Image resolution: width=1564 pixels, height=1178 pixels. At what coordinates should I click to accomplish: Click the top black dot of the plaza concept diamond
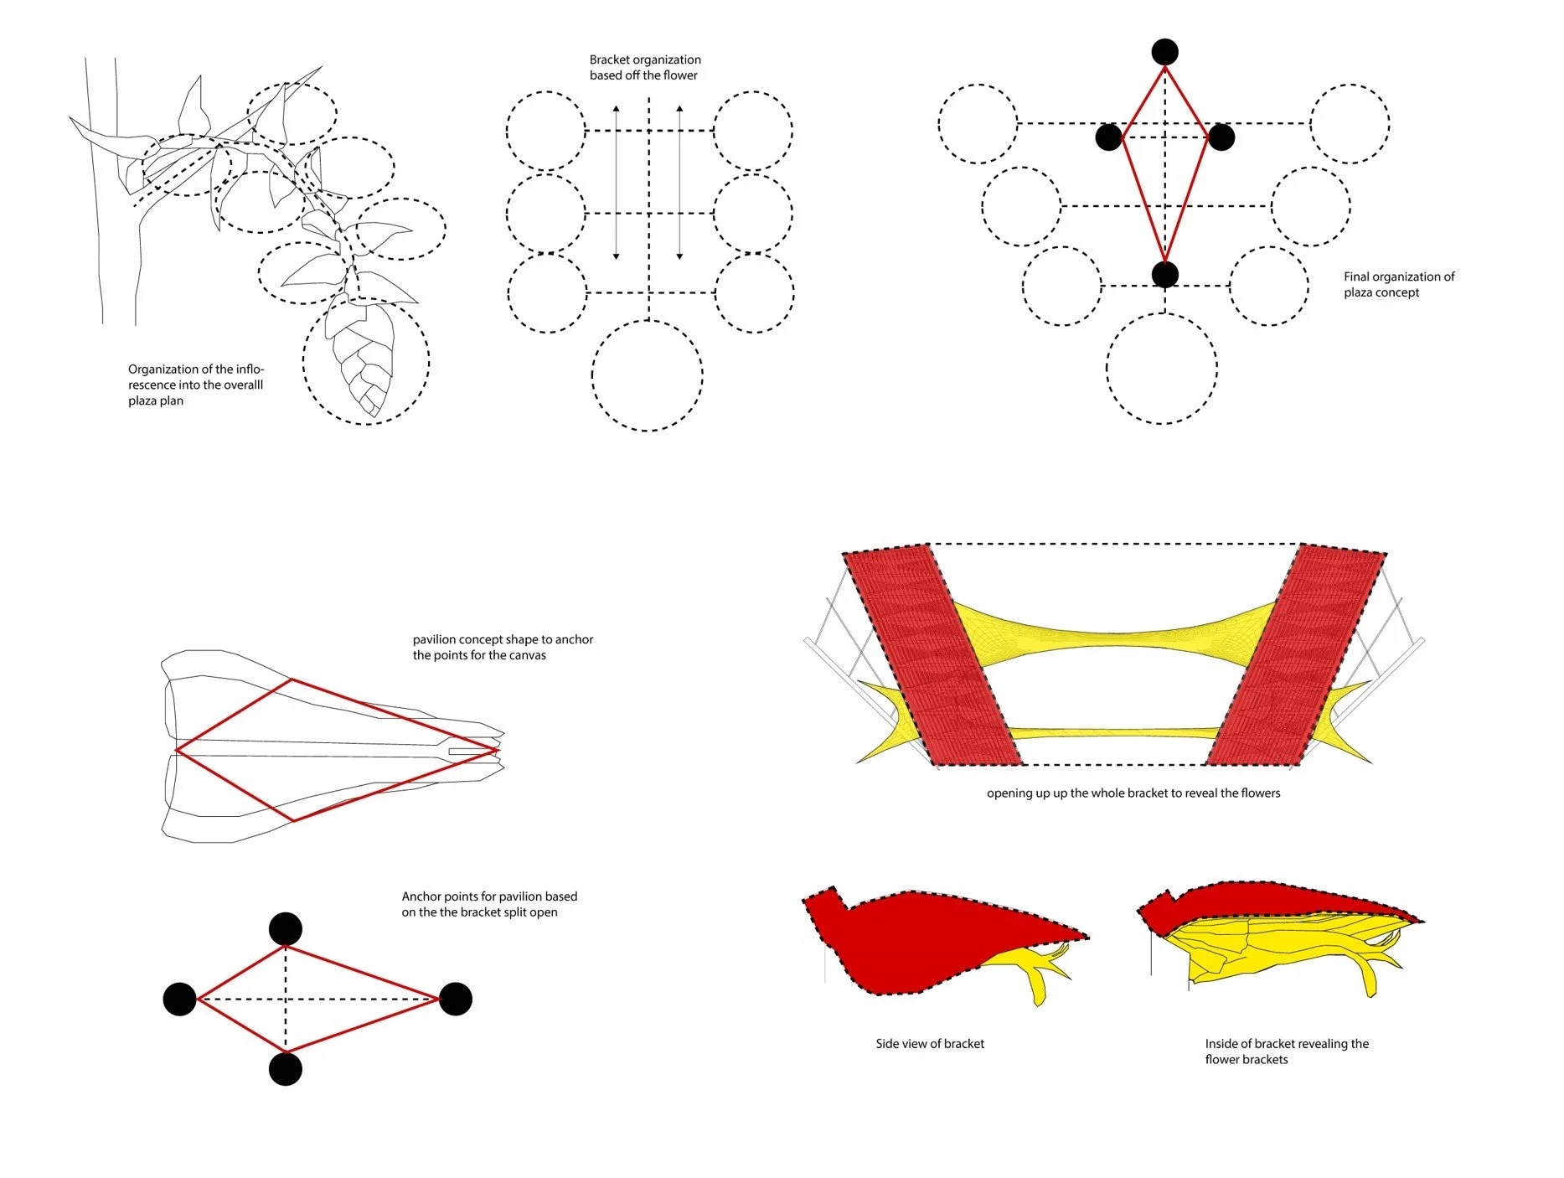point(1164,52)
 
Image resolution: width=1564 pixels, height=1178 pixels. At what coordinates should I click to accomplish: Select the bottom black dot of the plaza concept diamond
point(1164,274)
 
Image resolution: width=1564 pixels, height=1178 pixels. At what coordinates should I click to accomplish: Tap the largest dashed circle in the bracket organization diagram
point(647,375)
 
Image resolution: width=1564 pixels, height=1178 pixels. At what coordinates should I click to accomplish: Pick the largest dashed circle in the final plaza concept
point(1161,368)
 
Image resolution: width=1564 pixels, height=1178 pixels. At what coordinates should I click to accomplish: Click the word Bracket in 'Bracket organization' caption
point(609,59)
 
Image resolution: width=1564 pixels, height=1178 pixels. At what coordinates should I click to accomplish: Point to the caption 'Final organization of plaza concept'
point(1398,284)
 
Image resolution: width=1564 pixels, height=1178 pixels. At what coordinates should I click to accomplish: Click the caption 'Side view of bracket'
point(929,1043)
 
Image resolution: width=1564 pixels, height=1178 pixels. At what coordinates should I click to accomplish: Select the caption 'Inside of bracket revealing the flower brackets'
point(1286,1051)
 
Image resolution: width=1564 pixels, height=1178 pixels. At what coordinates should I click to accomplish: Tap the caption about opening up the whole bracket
point(1133,793)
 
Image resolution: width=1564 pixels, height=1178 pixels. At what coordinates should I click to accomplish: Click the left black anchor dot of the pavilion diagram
point(179,999)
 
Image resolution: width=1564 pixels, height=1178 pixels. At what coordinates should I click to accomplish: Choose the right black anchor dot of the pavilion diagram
point(456,999)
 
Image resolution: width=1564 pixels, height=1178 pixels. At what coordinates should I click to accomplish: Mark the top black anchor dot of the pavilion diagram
point(286,929)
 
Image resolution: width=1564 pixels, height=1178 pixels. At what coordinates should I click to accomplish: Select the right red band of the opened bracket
point(1297,658)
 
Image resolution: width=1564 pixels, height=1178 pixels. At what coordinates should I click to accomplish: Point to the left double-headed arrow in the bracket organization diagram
point(616,182)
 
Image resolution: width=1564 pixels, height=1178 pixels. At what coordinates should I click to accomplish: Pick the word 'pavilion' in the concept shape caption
point(435,639)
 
